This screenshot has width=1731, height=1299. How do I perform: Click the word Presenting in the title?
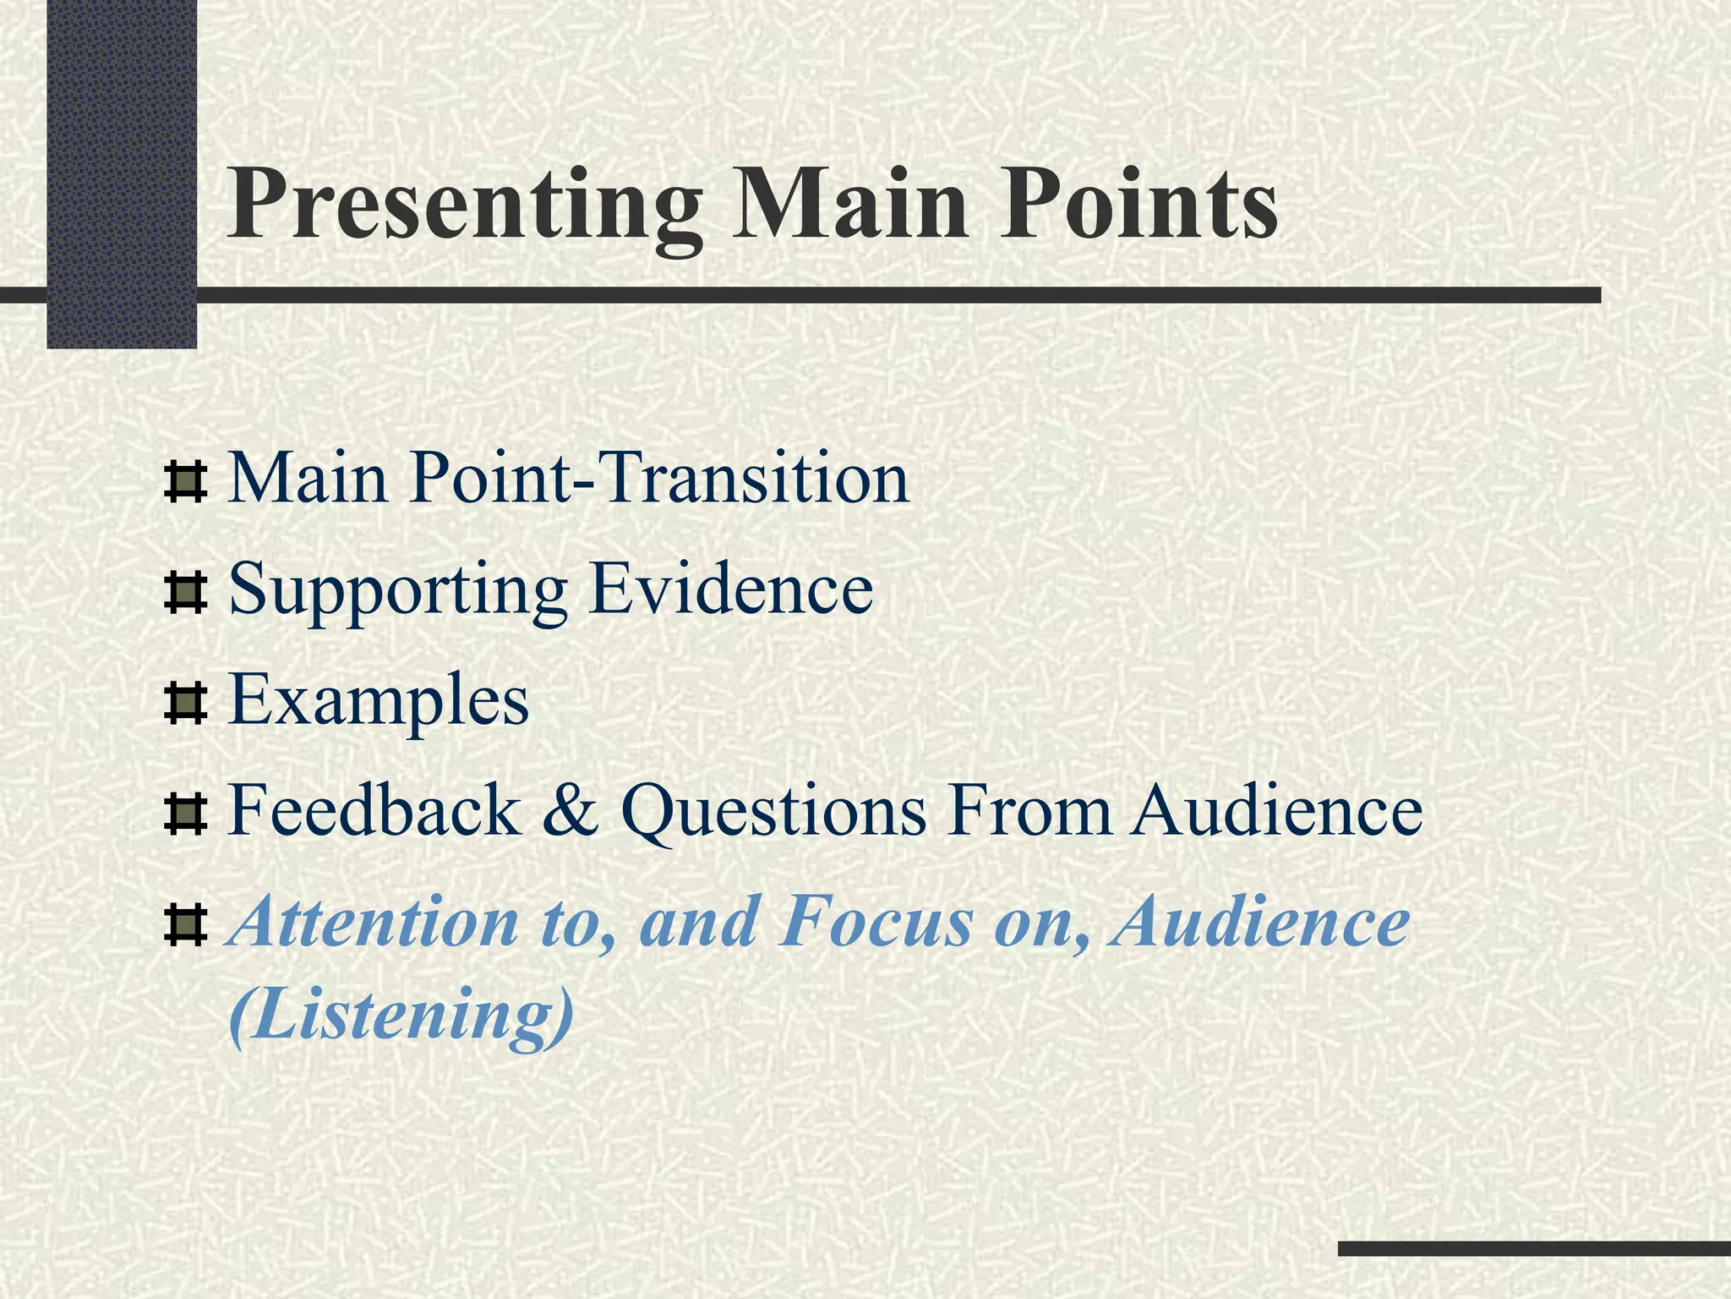pyautogui.click(x=463, y=207)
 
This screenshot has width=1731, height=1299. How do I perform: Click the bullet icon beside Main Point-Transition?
pyautogui.click(x=185, y=481)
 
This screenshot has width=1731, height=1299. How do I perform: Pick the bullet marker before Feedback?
pyautogui.click(x=185, y=814)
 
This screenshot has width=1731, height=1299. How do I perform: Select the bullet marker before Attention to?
pyautogui.click(x=185, y=925)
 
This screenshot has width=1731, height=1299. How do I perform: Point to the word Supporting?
pyautogui.click(x=397, y=590)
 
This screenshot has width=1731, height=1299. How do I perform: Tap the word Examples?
pyautogui.click(x=378, y=702)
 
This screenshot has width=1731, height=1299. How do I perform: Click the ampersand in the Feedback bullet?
pyautogui.click(x=570, y=811)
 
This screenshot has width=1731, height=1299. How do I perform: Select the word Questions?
pyautogui.click(x=773, y=811)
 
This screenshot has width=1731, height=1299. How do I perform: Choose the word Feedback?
pyautogui.click(x=373, y=811)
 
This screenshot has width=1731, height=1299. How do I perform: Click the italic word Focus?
pyautogui.click(x=876, y=923)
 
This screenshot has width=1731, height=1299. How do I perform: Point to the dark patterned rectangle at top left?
pyautogui.click(x=122, y=173)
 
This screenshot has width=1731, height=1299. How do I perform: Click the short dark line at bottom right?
pyautogui.click(x=1533, y=1248)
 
